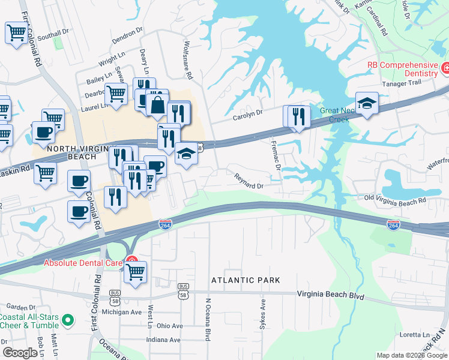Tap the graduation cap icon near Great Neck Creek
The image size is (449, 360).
(x=367, y=103)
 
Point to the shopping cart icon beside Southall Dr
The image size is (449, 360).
(x=16, y=32)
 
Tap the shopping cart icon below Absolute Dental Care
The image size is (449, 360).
(x=135, y=272)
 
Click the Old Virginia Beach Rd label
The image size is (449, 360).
(x=396, y=200)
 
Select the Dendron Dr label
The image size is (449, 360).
(x=127, y=37)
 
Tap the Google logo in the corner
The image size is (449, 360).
(x=20, y=353)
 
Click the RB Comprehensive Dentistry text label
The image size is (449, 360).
(x=403, y=69)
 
